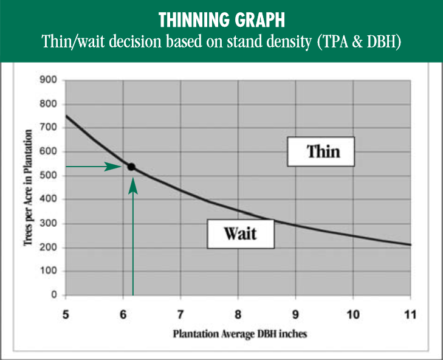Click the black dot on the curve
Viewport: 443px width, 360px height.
131,167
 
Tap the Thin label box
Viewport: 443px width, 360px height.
321,151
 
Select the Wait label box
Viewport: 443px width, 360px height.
241,234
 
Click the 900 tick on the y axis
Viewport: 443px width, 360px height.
49,80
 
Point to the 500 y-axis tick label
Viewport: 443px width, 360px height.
49,175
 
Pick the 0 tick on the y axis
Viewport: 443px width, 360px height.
54,295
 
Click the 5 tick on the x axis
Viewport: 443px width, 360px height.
66,314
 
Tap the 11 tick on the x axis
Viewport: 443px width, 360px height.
410,314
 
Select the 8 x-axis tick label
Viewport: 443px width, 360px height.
238,314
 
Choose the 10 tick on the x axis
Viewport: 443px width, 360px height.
353,314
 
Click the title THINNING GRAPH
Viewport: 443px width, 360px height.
221,20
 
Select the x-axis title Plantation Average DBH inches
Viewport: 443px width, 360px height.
240,334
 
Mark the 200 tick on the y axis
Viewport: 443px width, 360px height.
49,247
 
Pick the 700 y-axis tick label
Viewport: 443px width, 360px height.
49,128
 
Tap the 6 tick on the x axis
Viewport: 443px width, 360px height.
123,314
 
